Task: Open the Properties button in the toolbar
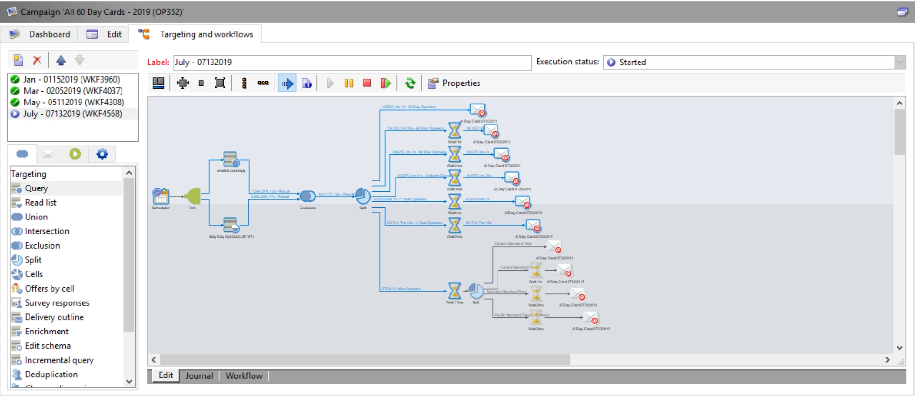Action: click(x=454, y=83)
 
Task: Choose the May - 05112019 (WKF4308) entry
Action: click(x=73, y=102)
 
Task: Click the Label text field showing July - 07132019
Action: click(x=352, y=62)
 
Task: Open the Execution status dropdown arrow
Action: click(x=900, y=62)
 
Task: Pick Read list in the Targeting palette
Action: click(x=41, y=202)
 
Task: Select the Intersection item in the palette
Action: click(x=47, y=231)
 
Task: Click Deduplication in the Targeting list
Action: click(x=51, y=374)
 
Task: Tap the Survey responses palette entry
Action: click(x=57, y=302)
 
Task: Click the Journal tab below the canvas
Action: click(x=199, y=375)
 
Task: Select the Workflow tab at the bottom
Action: click(x=244, y=375)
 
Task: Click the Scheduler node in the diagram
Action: click(x=161, y=196)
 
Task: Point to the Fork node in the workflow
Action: click(x=193, y=196)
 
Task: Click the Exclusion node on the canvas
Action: click(x=307, y=196)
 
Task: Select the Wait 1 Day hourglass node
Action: click(x=455, y=290)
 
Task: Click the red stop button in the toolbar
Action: click(x=366, y=83)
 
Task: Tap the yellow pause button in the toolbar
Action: click(x=348, y=83)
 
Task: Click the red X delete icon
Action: click(x=37, y=60)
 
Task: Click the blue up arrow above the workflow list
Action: click(x=61, y=60)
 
